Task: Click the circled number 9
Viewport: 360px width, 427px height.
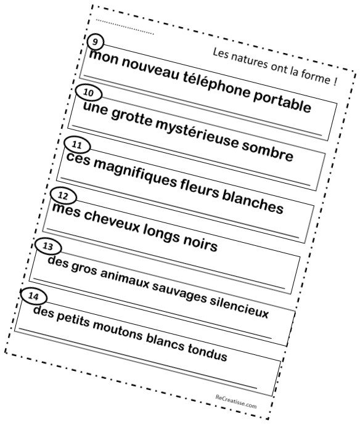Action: [96, 43]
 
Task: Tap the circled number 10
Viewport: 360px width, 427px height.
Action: [89, 93]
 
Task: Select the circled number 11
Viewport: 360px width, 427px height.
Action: [77, 145]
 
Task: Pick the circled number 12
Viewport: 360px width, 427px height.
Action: [63, 196]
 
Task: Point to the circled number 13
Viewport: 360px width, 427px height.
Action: [48, 246]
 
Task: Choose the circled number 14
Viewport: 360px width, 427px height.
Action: [34, 296]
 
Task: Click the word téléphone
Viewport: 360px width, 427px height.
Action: [216, 84]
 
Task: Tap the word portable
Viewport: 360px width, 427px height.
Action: [282, 101]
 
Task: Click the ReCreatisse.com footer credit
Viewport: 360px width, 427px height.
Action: [236, 401]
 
